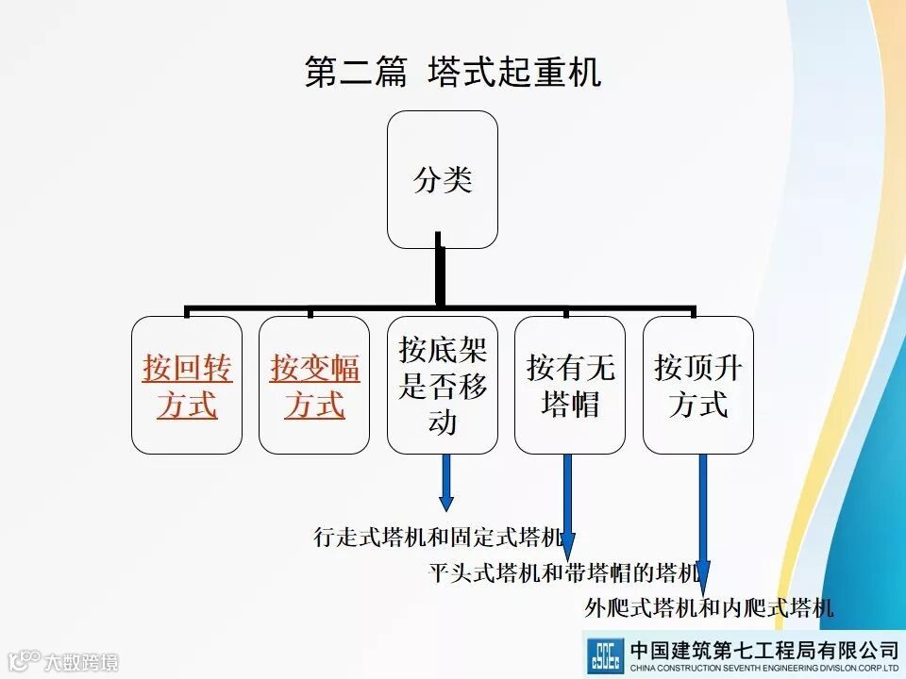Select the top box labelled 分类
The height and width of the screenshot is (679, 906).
443,180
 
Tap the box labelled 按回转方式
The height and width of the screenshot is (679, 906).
187,385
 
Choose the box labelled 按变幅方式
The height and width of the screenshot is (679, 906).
314,385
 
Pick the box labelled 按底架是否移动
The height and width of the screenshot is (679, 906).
443,385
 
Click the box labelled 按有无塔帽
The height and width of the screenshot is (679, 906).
570,385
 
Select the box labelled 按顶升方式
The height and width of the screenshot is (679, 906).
698,385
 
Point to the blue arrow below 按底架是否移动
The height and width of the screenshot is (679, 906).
446,482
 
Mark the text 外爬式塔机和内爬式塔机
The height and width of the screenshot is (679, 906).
709,608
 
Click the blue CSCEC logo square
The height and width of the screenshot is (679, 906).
605,655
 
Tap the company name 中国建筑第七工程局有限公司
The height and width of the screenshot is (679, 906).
763,649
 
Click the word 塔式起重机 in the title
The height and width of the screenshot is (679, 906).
514,73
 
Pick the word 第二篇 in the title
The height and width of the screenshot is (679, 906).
356,73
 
